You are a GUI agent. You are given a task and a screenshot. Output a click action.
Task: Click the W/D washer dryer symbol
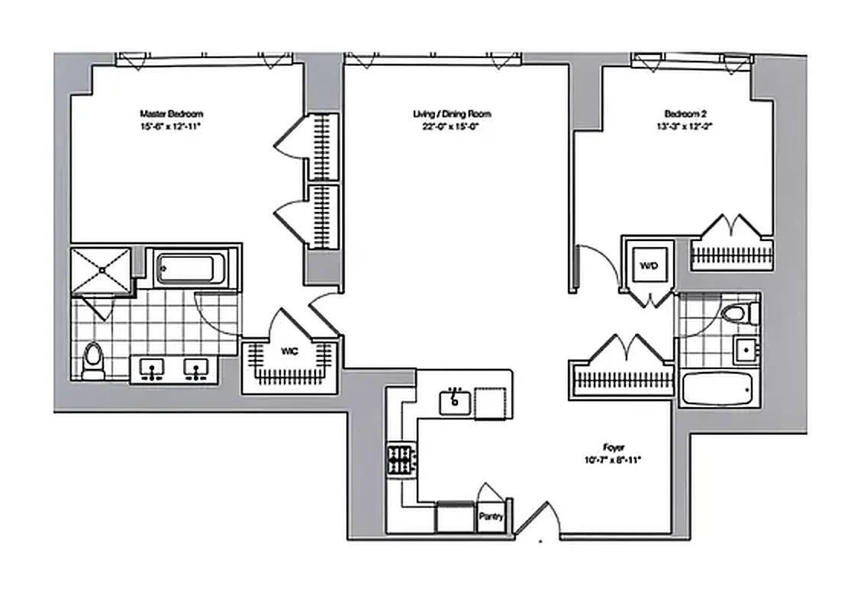pos(648,267)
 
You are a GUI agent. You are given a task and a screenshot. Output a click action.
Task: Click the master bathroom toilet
pos(93,360)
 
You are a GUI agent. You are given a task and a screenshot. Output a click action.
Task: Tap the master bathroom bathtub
pos(188,269)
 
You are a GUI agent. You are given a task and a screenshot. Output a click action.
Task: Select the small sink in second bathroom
pos(745,351)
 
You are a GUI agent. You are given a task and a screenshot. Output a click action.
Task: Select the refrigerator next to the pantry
pos(454,517)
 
